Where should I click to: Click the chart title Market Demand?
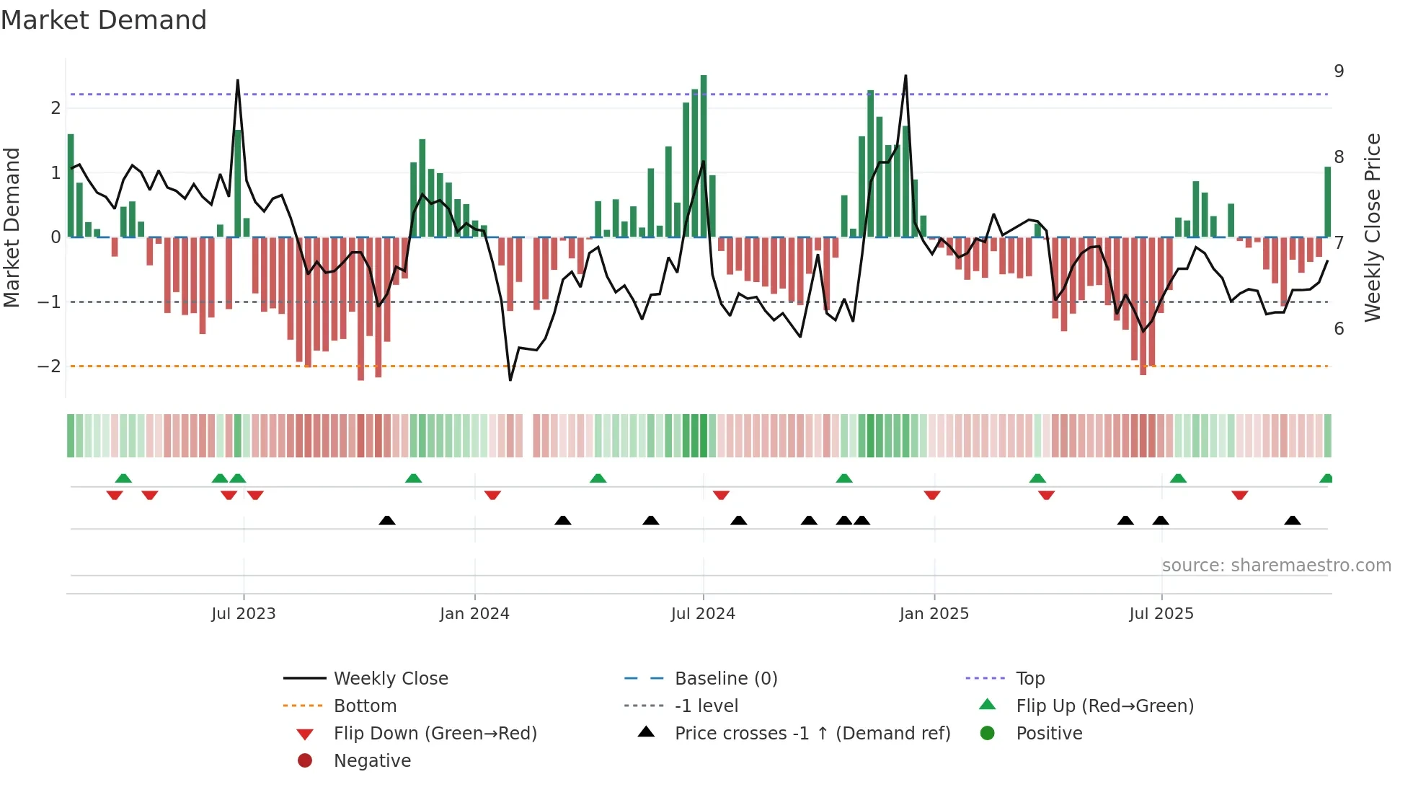[x=104, y=20]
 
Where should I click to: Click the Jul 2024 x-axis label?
[x=703, y=614]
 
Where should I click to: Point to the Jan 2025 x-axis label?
[x=934, y=614]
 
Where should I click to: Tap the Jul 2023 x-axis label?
[x=244, y=614]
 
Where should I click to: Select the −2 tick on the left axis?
[x=50, y=366]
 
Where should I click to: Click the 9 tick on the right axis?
[x=1339, y=71]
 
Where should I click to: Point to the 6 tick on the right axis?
[x=1339, y=329]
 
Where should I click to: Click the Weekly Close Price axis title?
[x=1373, y=227]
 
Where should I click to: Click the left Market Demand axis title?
[x=12, y=227]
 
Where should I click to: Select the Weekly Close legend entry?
[x=391, y=679]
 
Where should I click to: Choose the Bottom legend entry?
[x=365, y=706]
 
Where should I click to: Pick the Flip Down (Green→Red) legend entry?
[x=435, y=734]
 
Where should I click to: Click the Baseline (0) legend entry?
[x=725, y=679]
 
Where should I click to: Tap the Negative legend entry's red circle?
[x=305, y=761]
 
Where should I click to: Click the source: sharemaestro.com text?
[x=1276, y=566]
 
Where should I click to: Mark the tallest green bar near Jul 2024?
[x=704, y=155]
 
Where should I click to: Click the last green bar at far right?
[x=1327, y=202]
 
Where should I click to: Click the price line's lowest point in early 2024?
[x=510, y=379]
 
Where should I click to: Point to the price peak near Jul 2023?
[x=238, y=81]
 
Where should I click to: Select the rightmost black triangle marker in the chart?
[x=1293, y=520]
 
